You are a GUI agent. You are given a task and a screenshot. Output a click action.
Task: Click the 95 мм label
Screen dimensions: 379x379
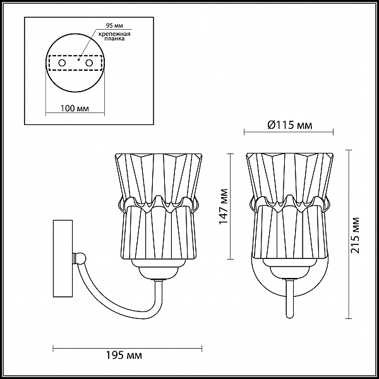[x=114, y=26]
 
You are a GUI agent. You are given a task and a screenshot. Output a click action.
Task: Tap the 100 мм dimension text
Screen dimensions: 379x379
[x=75, y=108]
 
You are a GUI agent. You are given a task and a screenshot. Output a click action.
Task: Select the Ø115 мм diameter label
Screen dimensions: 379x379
[x=290, y=125]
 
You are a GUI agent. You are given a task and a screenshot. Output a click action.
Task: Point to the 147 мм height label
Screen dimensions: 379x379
[x=224, y=207]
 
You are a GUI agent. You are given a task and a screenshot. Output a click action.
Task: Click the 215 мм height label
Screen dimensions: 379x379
[x=355, y=235]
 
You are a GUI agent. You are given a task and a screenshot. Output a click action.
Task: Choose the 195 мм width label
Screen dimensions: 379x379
[x=124, y=355]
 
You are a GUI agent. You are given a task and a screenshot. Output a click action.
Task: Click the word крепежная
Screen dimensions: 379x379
[x=114, y=34]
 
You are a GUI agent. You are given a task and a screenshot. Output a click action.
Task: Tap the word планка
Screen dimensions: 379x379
[x=114, y=39]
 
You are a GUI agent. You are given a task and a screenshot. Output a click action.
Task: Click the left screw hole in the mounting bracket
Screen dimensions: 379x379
[x=62, y=63]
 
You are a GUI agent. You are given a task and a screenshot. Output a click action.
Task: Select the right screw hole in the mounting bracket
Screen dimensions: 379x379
[x=89, y=63]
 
